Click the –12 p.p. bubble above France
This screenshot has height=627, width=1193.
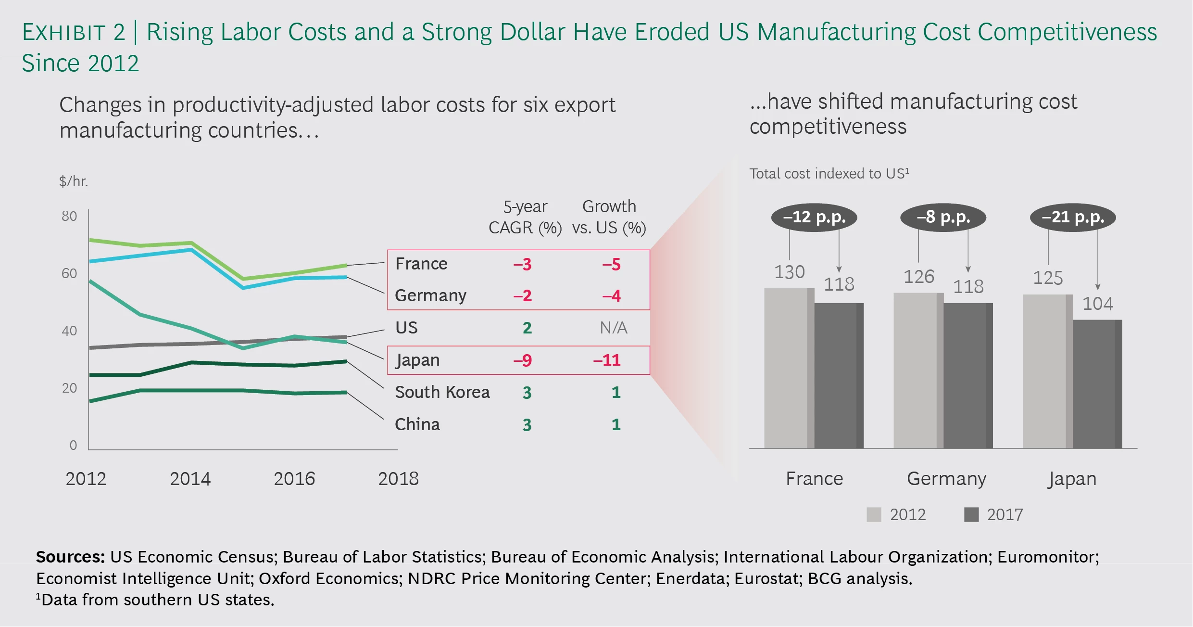coord(814,217)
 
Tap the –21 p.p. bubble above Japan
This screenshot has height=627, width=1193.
coord(1073,217)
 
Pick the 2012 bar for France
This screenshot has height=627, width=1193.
coord(789,368)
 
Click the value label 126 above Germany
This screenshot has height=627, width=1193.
coord(918,277)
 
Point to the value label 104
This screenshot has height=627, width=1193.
coord(1097,304)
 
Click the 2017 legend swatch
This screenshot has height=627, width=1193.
coord(971,514)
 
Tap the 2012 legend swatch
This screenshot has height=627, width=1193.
coord(874,514)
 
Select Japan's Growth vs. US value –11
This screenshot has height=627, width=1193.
coord(607,360)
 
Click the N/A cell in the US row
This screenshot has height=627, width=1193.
coord(613,328)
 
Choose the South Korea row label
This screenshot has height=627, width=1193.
coord(442,392)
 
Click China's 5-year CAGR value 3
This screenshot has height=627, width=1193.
coord(527,424)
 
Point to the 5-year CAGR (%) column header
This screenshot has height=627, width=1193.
coord(525,217)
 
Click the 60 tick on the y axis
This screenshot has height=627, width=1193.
coord(69,273)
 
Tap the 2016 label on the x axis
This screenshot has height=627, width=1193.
coord(294,479)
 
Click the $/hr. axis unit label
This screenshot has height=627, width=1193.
coord(74,181)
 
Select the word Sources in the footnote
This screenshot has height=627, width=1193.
coord(70,557)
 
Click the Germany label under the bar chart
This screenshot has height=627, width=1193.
coord(946,479)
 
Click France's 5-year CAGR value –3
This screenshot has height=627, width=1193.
coord(522,264)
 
